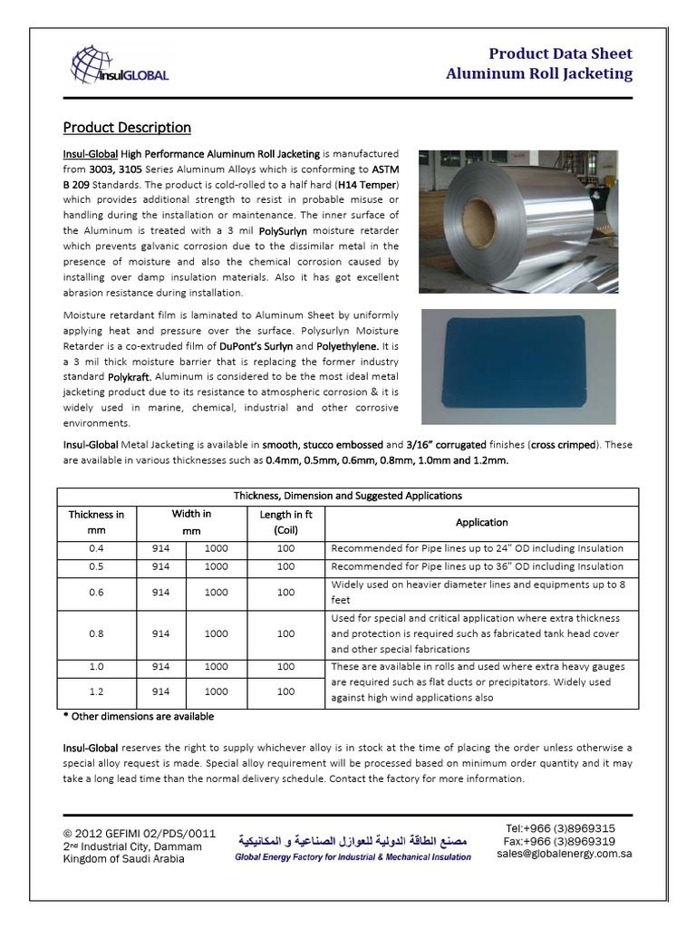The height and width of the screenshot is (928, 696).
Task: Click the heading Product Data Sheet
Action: coord(560,53)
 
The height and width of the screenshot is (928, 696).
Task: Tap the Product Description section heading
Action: coord(126,127)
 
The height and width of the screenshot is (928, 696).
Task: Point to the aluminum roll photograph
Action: coord(517,221)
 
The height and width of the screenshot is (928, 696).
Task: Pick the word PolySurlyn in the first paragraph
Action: coord(300,230)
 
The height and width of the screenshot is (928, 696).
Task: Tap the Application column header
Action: coord(481,522)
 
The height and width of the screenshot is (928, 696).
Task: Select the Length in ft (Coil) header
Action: coord(285,522)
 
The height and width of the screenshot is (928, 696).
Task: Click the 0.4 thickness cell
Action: coord(96,548)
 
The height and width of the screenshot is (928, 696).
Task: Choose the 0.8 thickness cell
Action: coord(96,633)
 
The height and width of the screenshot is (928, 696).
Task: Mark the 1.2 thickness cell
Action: coord(96,691)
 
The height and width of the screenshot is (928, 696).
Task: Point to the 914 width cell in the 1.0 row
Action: coord(161,666)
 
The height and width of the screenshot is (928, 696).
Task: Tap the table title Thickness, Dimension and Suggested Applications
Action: coord(348,496)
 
